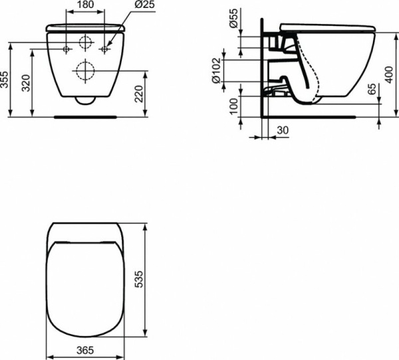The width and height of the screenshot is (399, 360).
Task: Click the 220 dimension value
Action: pyautogui.click(x=138, y=93)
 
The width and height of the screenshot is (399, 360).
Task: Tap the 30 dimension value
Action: pyautogui.click(x=282, y=131)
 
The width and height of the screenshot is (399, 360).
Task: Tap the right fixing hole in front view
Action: pyautogui.click(x=104, y=50)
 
